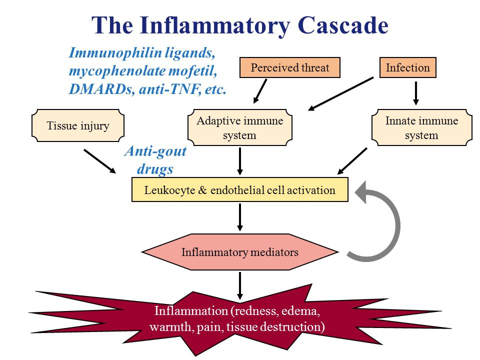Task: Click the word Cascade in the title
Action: coord(343,25)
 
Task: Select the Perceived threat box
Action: coord(289,67)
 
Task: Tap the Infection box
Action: coord(408,67)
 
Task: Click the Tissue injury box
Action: coord(78,125)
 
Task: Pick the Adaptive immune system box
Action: coord(239,127)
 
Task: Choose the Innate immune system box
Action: coord(421,127)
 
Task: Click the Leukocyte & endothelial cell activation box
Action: coord(239,190)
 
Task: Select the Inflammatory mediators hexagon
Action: coord(239,252)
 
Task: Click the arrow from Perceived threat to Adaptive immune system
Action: coord(260,91)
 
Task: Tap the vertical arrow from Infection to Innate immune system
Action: coord(415,93)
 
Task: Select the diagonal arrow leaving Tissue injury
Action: coord(100,161)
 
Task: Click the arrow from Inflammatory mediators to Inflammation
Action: coord(240,286)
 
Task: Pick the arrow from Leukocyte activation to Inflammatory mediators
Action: coord(240,217)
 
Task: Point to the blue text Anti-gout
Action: coord(155,151)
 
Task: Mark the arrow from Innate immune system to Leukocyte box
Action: coord(352,161)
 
